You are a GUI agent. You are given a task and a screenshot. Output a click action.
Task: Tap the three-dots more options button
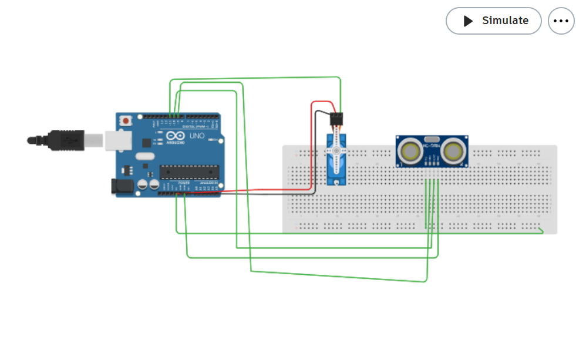(561, 21)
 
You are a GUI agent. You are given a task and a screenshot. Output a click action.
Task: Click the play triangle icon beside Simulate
(468, 21)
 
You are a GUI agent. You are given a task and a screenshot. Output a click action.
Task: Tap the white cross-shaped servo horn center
(336, 151)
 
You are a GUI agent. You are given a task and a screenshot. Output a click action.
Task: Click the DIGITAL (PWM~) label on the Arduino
(196, 126)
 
